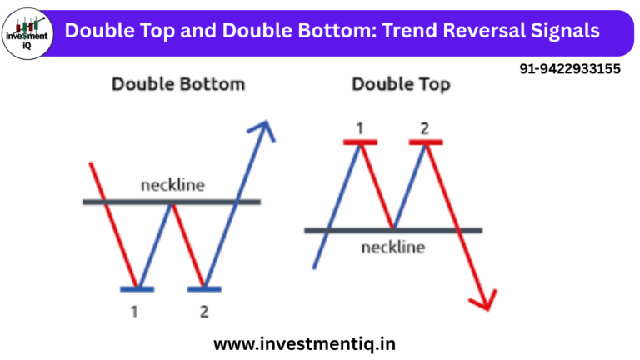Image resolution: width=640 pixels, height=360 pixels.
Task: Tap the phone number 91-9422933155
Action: pyautogui.click(x=569, y=70)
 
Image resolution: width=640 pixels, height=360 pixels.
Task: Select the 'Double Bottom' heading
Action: pyautogui.click(x=178, y=84)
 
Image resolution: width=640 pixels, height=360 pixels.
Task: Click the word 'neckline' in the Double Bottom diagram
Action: pyautogui.click(x=172, y=185)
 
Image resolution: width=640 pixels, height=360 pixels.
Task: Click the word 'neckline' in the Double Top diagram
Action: pyautogui.click(x=393, y=247)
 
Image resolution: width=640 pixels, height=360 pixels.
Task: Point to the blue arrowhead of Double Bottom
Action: pyautogui.click(x=264, y=129)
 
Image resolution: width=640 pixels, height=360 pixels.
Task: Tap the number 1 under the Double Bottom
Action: pyautogui.click(x=136, y=312)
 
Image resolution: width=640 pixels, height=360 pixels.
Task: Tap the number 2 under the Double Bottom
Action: pyautogui.click(x=205, y=312)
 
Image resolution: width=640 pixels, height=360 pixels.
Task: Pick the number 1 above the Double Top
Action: pyautogui.click(x=360, y=127)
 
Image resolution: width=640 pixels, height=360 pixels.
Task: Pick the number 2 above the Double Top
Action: pyautogui.click(x=425, y=127)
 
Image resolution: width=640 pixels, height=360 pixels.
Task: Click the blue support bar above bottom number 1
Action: pyautogui.click(x=137, y=289)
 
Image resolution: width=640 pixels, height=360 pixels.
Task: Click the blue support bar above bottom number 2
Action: pyautogui.click(x=205, y=289)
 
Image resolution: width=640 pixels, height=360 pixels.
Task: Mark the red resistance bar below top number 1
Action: pyautogui.click(x=361, y=142)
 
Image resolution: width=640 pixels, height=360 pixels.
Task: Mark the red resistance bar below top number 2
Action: pyautogui.click(x=426, y=142)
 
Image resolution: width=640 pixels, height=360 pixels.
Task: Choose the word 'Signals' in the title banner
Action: pyautogui.click(x=567, y=31)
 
